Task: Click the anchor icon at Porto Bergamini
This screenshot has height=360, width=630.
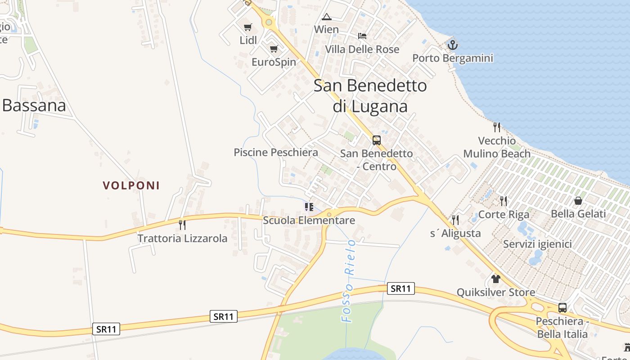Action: point(452,45)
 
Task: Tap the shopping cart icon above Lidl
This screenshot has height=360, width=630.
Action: point(247,27)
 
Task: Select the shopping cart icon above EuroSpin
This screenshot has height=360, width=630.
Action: point(274,49)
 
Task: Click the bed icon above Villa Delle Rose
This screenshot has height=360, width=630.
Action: point(362,36)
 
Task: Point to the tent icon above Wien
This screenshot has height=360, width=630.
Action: point(327,17)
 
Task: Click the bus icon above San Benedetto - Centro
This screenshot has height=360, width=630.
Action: point(376,140)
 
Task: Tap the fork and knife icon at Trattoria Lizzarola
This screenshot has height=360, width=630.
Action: point(182,225)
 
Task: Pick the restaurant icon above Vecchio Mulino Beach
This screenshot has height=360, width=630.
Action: point(497,127)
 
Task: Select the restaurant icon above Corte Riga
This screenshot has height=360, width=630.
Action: point(504,201)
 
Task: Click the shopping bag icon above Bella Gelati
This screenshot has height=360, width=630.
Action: point(578,201)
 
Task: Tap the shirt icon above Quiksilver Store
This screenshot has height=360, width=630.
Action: point(496,279)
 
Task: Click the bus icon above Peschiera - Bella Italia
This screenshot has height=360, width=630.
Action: point(562,308)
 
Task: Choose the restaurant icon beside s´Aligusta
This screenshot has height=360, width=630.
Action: point(455,220)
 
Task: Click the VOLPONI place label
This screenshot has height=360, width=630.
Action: point(131,185)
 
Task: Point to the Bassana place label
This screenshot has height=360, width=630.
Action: point(34,105)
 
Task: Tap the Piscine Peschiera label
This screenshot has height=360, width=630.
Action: point(276,153)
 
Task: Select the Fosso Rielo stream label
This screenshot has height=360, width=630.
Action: point(349,280)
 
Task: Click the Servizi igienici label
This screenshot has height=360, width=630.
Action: point(537,244)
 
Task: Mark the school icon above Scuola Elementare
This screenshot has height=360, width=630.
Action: point(309,207)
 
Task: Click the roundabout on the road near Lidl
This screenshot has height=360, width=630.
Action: point(269,22)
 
